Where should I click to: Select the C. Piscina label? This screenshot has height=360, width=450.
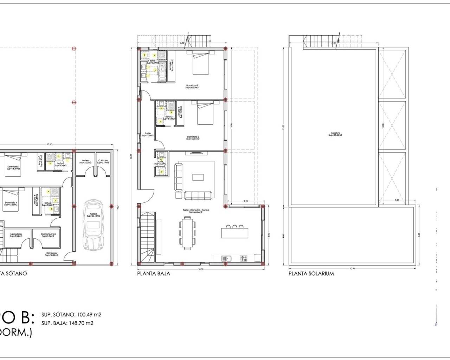pyautogui.click(x=103, y=161)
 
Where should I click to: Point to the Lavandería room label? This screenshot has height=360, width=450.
pyautogui.click(x=16, y=235)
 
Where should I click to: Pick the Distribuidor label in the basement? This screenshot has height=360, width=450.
pyautogui.click(x=52, y=254)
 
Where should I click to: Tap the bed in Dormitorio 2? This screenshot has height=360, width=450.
pyautogui.click(x=205, y=113)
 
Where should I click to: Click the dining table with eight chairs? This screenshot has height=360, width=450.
pyautogui.click(x=188, y=232)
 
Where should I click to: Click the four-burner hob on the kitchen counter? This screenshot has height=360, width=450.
pyautogui.click(x=243, y=259)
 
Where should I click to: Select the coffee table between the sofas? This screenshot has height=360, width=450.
pyautogui.click(x=198, y=177)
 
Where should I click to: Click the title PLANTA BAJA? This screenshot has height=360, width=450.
pyautogui.click(x=154, y=274)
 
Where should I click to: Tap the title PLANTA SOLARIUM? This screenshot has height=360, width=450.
pyautogui.click(x=311, y=274)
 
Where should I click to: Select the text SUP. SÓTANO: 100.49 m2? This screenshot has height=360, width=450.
pyautogui.click(x=71, y=315)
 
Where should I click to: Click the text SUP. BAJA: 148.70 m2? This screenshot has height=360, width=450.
pyautogui.click(x=67, y=323)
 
